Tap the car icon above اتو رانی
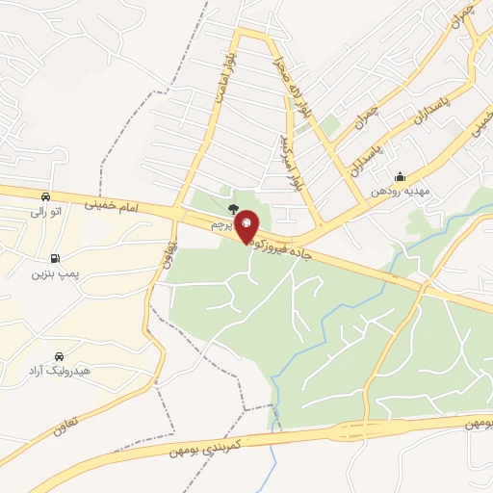coord(46,195)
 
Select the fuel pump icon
coord(54,258)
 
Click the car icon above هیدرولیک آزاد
coord(61,355)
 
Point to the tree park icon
coord(233,206)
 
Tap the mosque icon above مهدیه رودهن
coord(400,176)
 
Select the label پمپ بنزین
coord(53,275)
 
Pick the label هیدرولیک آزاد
coord(60,372)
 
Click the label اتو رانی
coord(46,211)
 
